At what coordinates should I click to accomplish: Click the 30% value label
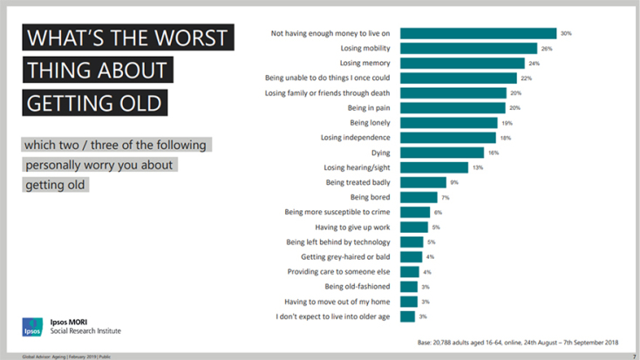coord(566,33)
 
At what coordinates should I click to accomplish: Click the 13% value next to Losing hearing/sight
coord(477,167)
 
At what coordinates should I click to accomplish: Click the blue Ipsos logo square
coord(31,327)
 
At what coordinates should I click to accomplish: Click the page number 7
coord(633,357)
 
